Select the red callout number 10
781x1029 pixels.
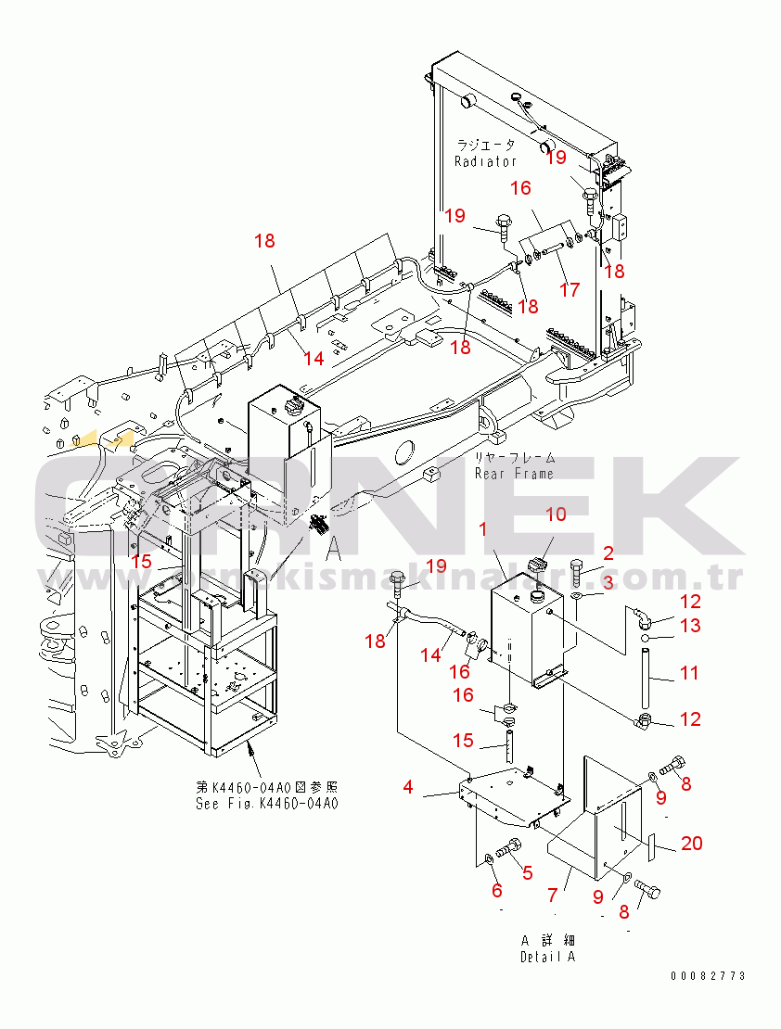[554, 514]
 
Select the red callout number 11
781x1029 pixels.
[688, 673]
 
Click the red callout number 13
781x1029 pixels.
[690, 626]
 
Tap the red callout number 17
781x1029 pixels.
[569, 289]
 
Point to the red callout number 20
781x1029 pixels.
[691, 843]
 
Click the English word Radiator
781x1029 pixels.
[485, 161]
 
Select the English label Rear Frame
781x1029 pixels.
[514, 474]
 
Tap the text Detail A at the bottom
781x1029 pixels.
[547, 957]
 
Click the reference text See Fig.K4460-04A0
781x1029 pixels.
[267, 804]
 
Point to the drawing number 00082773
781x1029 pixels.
[709, 976]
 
